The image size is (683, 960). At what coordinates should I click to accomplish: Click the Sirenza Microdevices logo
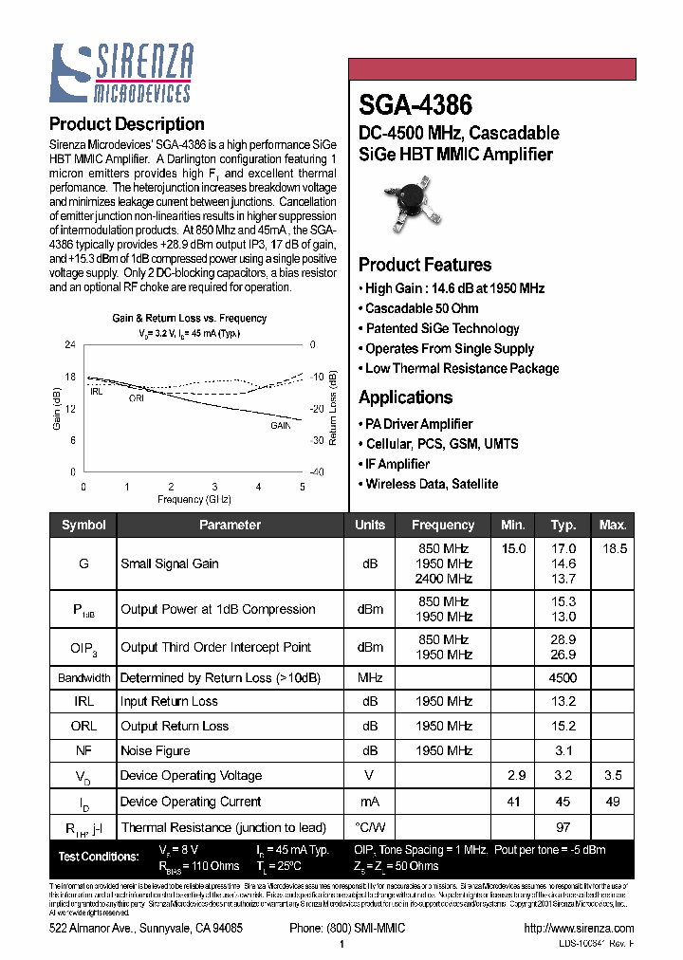point(121,73)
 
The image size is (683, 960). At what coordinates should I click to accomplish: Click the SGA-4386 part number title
point(415,103)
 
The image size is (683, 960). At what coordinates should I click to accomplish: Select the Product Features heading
point(424,265)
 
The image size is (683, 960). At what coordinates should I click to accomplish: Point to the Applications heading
point(405,397)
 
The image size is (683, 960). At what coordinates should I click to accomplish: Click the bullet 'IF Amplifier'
point(397,464)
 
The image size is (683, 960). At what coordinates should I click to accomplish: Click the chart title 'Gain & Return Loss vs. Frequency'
point(190,319)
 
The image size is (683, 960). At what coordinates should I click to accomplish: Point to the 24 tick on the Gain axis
point(69,344)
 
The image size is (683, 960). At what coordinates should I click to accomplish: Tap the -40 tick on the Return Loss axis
point(317,471)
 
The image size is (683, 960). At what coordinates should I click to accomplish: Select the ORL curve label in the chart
point(137,398)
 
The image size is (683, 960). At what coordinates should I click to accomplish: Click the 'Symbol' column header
point(83,525)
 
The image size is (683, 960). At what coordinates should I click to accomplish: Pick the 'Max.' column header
point(613,525)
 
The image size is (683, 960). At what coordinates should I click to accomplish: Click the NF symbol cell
point(83,750)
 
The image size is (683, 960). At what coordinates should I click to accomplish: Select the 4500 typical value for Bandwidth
point(563,678)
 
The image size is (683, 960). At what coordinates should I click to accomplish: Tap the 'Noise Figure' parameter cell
point(155,750)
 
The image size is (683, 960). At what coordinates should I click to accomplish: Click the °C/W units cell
point(370,827)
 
